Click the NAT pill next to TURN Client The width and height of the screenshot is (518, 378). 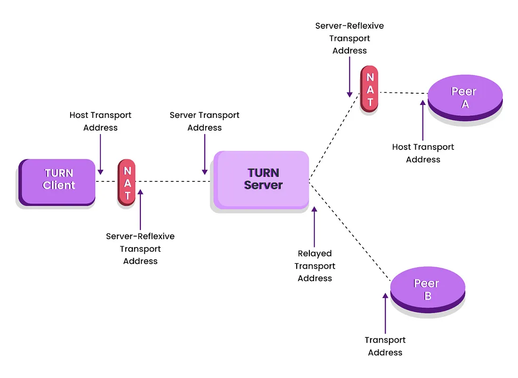point(127,182)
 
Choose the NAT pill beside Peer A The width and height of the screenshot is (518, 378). point(370,89)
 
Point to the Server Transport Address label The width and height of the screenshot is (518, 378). point(204,121)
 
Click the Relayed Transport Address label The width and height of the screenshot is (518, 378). point(315,266)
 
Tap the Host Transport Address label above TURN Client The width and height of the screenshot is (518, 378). point(100,121)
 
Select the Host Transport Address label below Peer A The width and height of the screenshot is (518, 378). point(423,153)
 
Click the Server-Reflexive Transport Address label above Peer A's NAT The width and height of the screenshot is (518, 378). point(349,38)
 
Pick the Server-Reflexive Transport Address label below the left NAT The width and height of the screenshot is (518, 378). point(140,248)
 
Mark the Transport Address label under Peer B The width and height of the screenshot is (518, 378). point(385,346)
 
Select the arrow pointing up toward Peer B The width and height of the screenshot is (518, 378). point(386,313)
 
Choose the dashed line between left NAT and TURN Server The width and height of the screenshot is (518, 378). point(172,181)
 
